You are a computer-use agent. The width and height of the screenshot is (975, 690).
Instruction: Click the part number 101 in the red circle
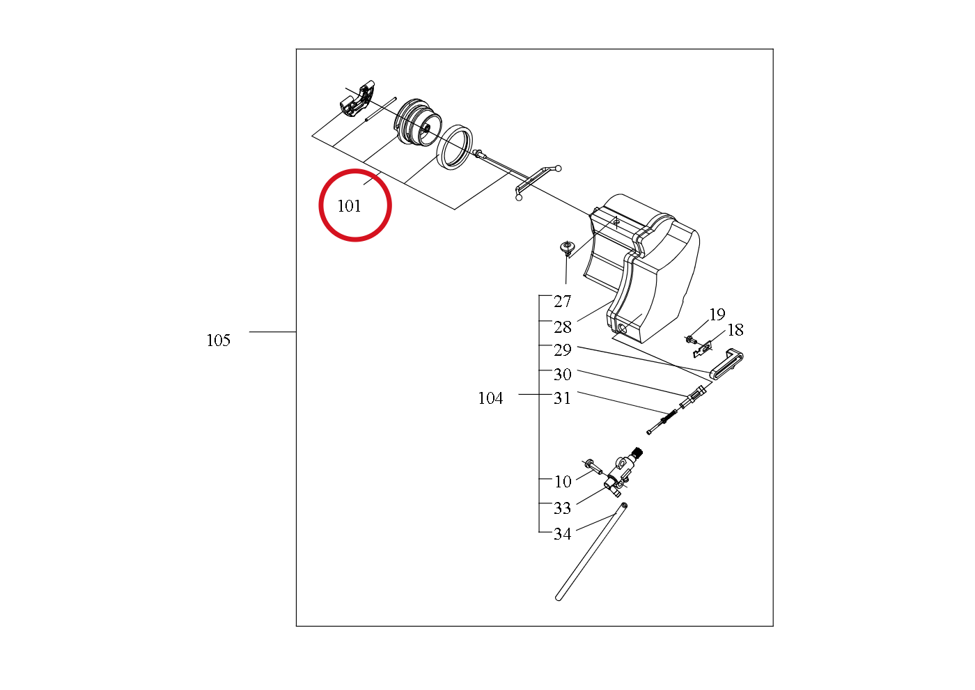[349, 206]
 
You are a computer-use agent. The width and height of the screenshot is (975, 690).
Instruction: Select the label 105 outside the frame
[218, 340]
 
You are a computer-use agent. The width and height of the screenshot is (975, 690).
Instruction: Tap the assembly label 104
[490, 398]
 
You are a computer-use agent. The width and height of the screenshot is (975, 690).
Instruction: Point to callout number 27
[562, 301]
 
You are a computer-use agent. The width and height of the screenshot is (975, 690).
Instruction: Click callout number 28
[562, 327]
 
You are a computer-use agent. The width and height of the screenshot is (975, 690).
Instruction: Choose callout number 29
[562, 350]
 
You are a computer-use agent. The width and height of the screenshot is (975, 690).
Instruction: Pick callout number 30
[562, 374]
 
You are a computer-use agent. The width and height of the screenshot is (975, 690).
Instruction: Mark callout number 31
[562, 398]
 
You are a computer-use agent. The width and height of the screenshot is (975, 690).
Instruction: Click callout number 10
[563, 482]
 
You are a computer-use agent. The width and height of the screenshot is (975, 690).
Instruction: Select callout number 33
[562, 508]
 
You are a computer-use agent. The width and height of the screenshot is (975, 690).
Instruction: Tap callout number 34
[562, 534]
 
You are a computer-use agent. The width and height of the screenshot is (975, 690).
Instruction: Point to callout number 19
[717, 314]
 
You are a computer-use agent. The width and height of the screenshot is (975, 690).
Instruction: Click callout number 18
[735, 330]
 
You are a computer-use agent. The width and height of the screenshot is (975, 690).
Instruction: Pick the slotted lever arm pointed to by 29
[726, 364]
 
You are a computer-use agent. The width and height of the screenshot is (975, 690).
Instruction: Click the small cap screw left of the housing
[565, 248]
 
